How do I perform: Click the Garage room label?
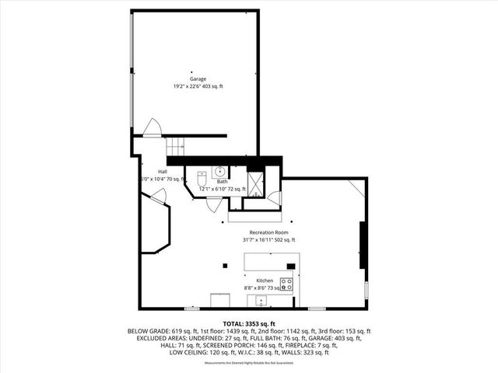198,78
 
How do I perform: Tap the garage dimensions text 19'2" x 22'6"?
188,86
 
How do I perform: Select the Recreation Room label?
268,232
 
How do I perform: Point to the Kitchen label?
265,279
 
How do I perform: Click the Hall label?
163,171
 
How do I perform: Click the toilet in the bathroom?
202,176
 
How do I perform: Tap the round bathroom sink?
220,171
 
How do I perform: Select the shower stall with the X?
255,182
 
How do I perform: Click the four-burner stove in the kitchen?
286,284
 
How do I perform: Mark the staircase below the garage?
177,145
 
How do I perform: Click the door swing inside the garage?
153,127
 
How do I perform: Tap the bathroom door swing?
212,204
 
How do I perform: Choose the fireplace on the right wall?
362,245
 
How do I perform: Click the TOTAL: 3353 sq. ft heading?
249,323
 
